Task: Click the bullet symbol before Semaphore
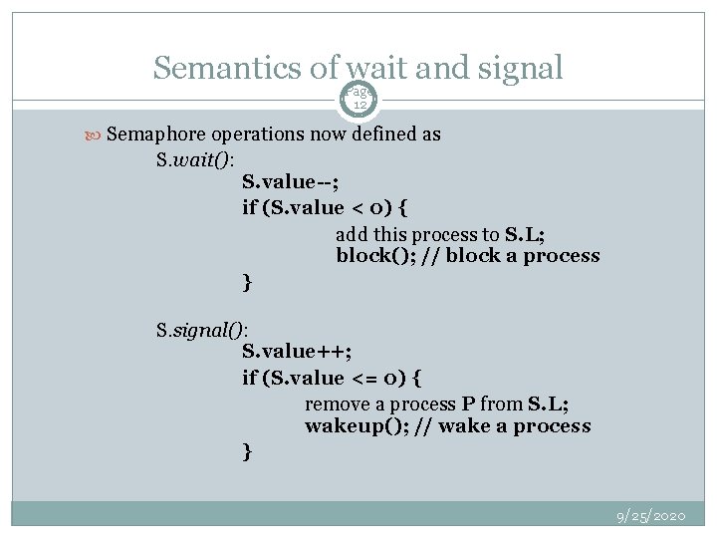pyautogui.click(x=95, y=134)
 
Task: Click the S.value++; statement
pyautogui.click(x=297, y=352)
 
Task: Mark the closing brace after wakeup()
pyautogui.click(x=247, y=452)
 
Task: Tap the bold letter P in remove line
pyautogui.click(x=467, y=403)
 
